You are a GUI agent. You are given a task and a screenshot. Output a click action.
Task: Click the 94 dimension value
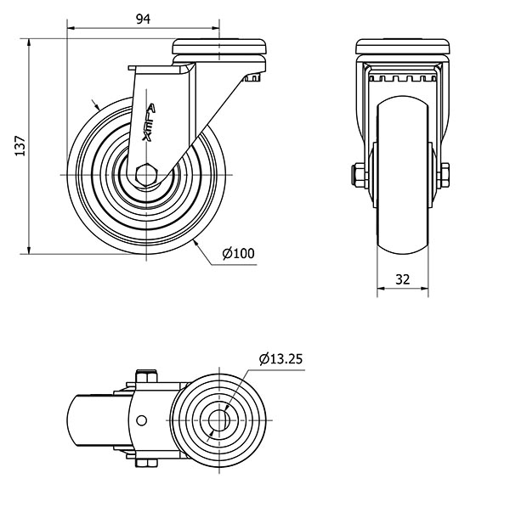pyautogui.click(x=143, y=20)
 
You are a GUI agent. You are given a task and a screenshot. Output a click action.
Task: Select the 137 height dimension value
pyautogui.click(x=20, y=146)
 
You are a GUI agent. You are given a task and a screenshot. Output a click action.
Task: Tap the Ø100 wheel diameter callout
pyautogui.click(x=239, y=253)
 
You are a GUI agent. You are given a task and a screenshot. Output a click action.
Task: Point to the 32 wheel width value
pyautogui.click(x=403, y=279)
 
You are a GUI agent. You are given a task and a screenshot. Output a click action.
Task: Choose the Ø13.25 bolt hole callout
pyautogui.click(x=280, y=358)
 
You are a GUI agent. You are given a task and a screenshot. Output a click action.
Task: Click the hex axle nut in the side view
pyautogui.click(x=146, y=174)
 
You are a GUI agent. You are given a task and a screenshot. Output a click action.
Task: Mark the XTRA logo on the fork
pyautogui.click(x=149, y=122)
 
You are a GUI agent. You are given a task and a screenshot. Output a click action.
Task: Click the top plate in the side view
pyautogui.click(x=219, y=47)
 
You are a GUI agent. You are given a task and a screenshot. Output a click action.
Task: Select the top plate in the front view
pyautogui.click(x=403, y=47)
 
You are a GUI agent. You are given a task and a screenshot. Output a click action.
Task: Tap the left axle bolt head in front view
pyautogui.click(x=360, y=175)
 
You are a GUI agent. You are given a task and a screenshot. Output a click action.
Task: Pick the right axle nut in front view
pyautogui.click(x=443, y=175)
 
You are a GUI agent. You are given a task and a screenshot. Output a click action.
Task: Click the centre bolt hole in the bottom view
pyautogui.click(x=219, y=420)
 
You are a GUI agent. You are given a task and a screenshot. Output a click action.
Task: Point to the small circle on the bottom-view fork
pyautogui.click(x=142, y=420)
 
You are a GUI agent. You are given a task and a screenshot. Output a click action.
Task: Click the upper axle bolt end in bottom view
pyautogui.click(x=146, y=376)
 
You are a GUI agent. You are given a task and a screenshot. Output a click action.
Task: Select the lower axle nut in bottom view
pyautogui.click(x=146, y=463)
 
